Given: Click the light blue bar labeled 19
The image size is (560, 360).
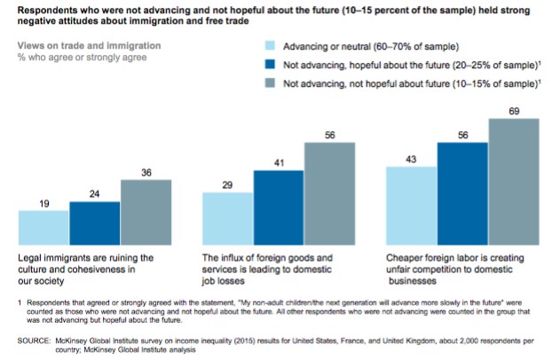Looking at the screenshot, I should tap(43, 228).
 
